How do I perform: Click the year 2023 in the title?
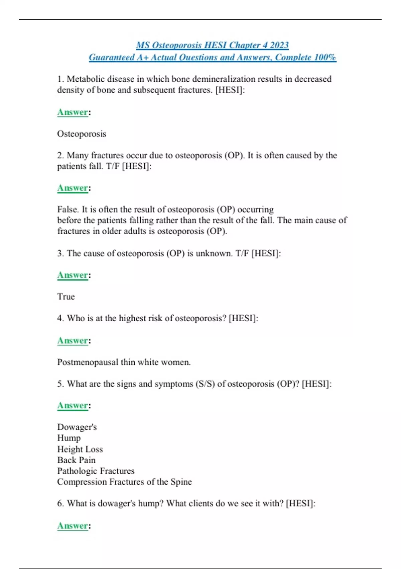279,45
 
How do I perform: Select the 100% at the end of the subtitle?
325,58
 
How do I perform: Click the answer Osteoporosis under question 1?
82,134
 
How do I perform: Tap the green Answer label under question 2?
73,188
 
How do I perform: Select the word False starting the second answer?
68,210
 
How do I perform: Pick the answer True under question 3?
66,297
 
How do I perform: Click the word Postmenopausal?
88,362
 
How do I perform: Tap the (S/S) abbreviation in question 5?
205,384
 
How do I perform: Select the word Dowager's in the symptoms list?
77,427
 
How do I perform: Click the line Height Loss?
80,449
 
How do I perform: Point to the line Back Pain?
76,460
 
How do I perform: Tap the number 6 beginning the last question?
60,504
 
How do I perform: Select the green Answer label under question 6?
73,526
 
